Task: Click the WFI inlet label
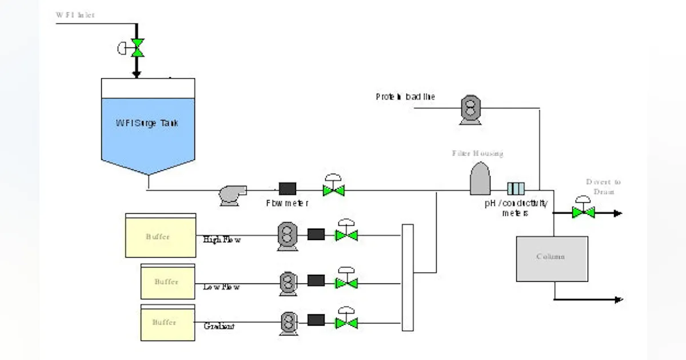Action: [75, 15]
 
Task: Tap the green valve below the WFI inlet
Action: [137, 48]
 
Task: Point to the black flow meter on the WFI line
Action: [287, 188]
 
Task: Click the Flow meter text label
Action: [288, 203]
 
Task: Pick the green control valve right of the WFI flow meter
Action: [333, 190]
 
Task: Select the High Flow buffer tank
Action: [160, 235]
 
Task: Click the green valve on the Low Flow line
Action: [346, 282]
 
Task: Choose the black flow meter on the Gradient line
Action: [316, 320]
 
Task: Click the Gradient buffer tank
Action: [167, 323]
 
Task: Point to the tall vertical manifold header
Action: [407, 277]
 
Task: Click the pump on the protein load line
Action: [470, 109]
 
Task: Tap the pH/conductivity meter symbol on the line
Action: [516, 188]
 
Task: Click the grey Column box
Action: [552, 258]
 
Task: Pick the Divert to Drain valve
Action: [583, 212]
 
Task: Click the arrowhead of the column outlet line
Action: [618, 299]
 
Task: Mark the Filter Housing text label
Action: [477, 153]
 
